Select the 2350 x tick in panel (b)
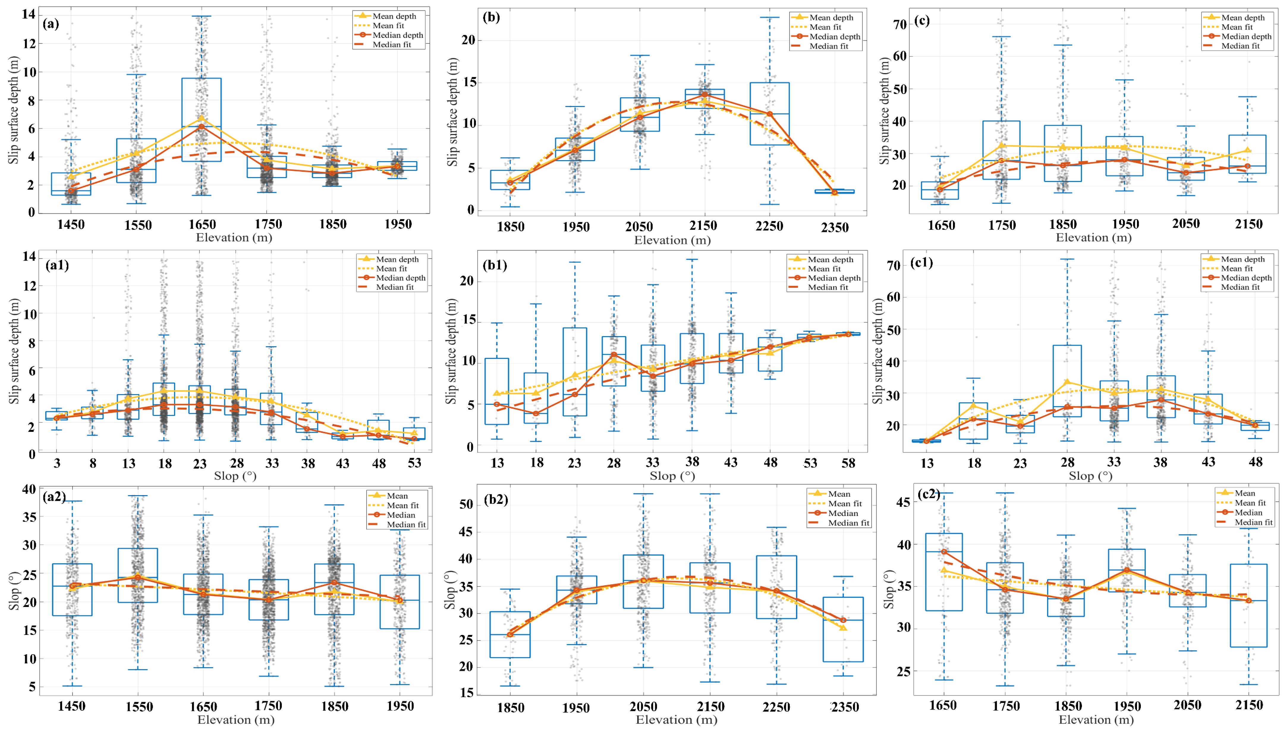click(834, 228)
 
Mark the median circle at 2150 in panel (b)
click(705, 95)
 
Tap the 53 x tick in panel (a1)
click(414, 463)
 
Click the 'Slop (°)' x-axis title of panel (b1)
click(672, 476)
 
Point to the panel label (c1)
click(921, 263)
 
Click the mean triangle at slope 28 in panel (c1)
click(1067, 382)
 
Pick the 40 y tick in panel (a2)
click(29, 489)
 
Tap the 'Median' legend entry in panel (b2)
click(843, 513)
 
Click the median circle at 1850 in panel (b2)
click(510, 635)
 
